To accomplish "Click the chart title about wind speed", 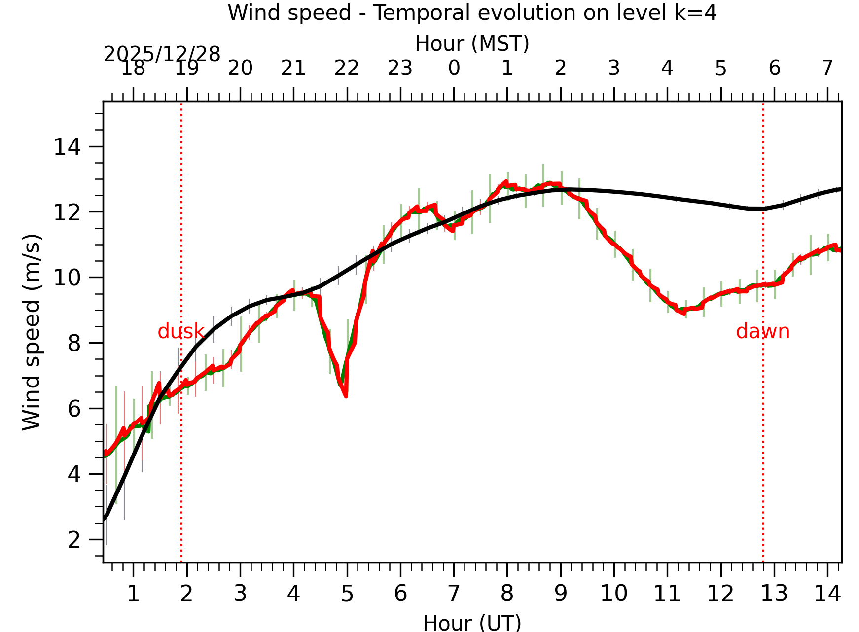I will click(x=472, y=13).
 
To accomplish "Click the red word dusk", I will click(x=180, y=332).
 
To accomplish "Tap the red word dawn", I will click(x=762, y=332).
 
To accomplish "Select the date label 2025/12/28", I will click(x=162, y=54).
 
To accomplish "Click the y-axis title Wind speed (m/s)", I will click(x=32, y=332).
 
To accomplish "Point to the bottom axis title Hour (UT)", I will click(x=472, y=623).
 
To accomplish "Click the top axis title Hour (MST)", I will click(x=472, y=44).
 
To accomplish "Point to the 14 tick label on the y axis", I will click(x=67, y=147).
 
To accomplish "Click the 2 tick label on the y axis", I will click(x=74, y=540).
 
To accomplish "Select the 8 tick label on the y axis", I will click(x=74, y=343).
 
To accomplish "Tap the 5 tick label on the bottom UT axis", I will click(x=347, y=594).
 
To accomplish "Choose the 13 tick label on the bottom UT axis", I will click(x=774, y=594).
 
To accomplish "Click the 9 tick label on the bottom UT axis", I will click(x=561, y=594).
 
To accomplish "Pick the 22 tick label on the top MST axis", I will click(x=347, y=68).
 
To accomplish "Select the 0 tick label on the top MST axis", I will click(x=454, y=68).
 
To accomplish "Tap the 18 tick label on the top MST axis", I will click(x=133, y=68).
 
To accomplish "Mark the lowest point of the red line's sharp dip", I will click(x=346, y=395).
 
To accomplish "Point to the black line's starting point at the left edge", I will click(x=105, y=518).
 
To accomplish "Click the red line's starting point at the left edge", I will click(x=105, y=454).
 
